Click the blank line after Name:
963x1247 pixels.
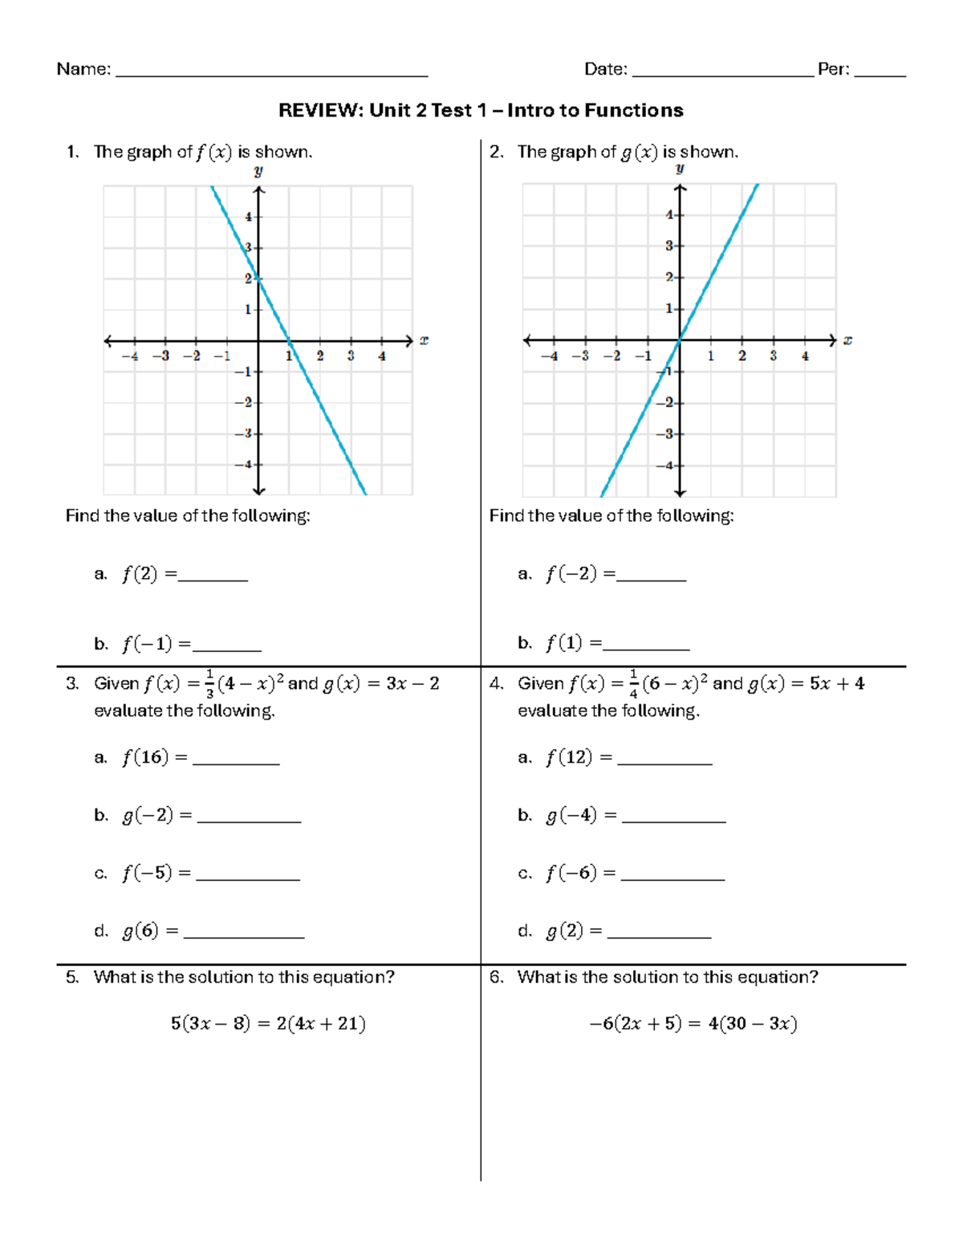[271, 74]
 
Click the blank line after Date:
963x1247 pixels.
[722, 74]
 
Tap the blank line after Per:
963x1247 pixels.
[880, 74]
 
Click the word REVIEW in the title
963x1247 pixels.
[319, 111]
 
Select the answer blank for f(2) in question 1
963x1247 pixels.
[213, 577]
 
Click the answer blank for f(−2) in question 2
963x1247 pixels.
[651, 577]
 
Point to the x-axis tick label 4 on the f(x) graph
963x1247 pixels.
[382, 357]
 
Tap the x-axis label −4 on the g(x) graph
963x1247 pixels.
[549, 357]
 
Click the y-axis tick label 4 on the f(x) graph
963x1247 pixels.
[248, 217]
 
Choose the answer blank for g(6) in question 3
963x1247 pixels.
[244, 935]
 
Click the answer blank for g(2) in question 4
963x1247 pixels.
[659, 935]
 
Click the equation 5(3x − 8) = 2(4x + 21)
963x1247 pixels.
[268, 1024]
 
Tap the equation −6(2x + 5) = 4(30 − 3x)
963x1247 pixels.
[693, 1024]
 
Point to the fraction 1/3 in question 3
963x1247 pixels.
[209, 684]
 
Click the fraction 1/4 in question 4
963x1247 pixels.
[633, 684]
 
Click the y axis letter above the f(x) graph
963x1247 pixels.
[258, 171]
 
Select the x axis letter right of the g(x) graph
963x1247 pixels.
[847, 340]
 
